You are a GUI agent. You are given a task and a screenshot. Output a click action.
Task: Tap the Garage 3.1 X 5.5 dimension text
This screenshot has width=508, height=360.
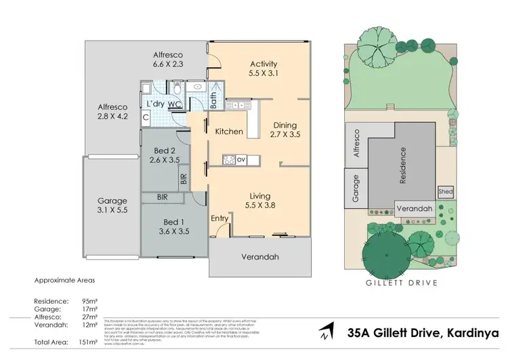coord(112,211)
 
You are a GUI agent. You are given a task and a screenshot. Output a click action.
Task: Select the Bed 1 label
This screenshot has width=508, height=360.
coord(173,222)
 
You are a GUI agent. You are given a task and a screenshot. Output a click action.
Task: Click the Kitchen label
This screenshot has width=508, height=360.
coord(229,131)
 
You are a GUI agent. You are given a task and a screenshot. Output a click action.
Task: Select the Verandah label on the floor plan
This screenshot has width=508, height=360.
coord(260,257)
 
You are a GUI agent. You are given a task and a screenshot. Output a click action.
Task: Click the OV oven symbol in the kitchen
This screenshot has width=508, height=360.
coord(240,160)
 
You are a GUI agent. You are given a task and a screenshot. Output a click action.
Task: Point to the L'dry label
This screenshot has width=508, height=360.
coord(156,104)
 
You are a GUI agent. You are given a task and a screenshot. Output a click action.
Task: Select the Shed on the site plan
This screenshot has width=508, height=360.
coord(446,192)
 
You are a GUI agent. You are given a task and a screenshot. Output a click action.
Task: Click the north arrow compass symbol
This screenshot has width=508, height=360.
coord(327,332)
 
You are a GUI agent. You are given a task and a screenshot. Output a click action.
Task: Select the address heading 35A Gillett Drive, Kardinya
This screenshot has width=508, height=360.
coord(422,333)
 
